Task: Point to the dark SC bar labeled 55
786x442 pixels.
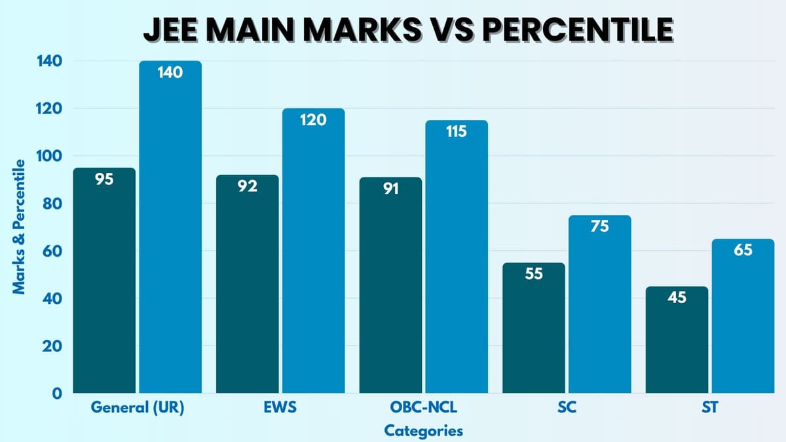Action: coord(534,327)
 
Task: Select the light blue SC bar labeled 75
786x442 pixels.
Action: coord(599,304)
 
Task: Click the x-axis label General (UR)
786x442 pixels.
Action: coord(138,407)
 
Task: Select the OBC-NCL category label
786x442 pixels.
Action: coord(423,407)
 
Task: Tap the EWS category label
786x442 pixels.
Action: coord(280,407)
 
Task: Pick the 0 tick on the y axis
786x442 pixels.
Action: coord(58,394)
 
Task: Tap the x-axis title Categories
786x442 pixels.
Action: coord(423,430)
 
